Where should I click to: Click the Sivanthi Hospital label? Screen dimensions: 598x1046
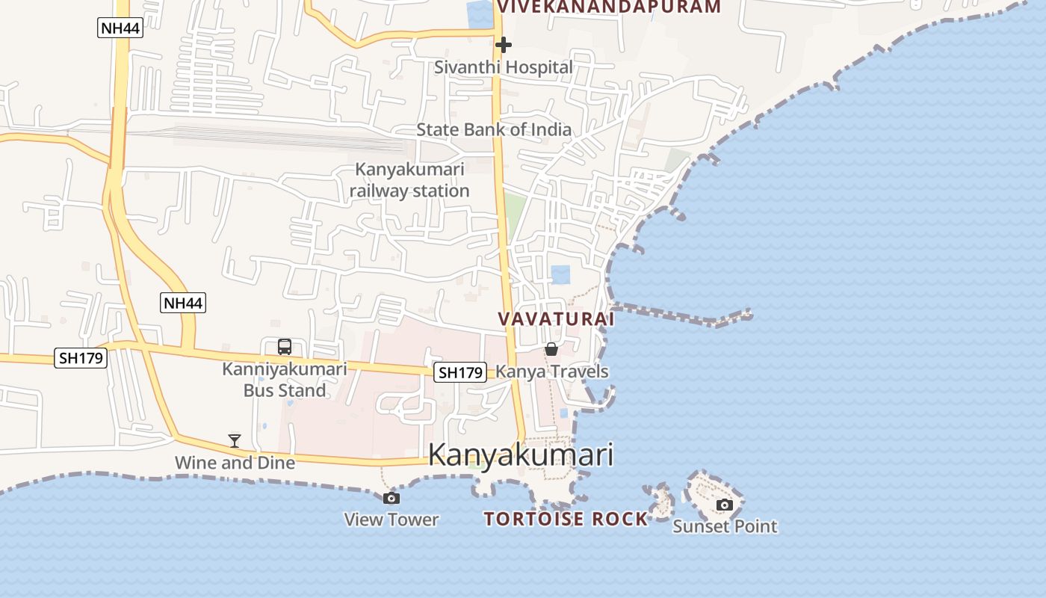[x=504, y=67]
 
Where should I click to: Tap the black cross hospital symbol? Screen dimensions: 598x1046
[x=504, y=45]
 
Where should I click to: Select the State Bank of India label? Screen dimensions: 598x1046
[x=494, y=129]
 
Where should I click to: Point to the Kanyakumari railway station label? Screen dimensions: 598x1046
[x=409, y=180]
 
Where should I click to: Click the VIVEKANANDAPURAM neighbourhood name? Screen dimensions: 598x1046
[x=609, y=7]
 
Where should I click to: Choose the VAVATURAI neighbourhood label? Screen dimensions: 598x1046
[x=556, y=319]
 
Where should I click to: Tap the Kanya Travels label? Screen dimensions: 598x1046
[x=552, y=372]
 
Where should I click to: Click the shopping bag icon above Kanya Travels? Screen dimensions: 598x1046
[x=551, y=349]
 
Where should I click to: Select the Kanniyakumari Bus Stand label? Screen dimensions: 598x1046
[x=285, y=380]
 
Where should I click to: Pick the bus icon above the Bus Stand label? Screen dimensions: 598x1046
[x=285, y=347]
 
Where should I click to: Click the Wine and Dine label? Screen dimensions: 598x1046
[x=235, y=463]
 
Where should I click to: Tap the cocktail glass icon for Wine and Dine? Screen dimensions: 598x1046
[x=235, y=441]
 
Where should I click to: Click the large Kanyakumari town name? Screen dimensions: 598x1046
[x=521, y=455]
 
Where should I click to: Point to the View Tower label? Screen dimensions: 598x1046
[x=392, y=519]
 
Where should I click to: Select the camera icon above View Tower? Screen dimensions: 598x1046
[x=391, y=499]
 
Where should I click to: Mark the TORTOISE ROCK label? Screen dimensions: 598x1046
[x=566, y=519]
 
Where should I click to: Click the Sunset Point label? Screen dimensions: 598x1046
[x=725, y=526]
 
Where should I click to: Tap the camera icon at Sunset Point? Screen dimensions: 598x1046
[x=724, y=505]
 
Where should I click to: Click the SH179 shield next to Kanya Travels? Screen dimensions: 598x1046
[x=460, y=372]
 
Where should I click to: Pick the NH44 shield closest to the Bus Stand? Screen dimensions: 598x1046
[x=182, y=303]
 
